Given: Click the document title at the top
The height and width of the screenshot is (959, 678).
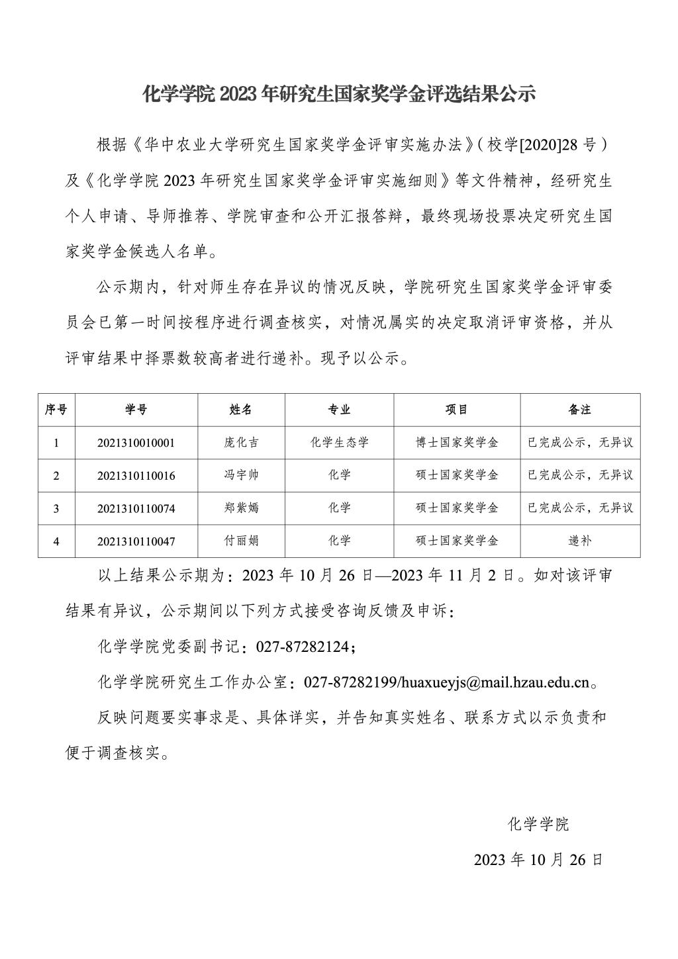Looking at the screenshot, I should (x=338, y=95).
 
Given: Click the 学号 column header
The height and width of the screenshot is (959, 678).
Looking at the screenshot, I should (x=136, y=410).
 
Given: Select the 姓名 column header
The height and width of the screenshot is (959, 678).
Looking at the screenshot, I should (x=241, y=410).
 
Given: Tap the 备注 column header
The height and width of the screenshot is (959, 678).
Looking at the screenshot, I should (x=579, y=410).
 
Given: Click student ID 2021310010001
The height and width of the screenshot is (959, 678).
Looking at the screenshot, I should (x=136, y=443).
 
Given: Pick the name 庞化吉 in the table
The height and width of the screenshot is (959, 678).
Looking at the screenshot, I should (x=241, y=443).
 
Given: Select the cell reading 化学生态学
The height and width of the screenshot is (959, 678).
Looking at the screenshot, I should (x=339, y=443).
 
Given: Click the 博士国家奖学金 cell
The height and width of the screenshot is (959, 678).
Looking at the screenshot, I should (x=457, y=443).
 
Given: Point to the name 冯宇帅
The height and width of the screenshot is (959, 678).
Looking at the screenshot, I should (x=241, y=475).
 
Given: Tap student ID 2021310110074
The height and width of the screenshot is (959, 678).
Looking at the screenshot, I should (x=136, y=508).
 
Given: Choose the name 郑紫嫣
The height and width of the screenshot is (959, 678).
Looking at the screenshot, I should (x=241, y=508).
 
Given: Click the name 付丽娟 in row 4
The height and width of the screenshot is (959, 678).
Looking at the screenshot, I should (x=241, y=541).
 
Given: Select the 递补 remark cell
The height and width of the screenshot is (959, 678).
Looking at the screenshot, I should (x=579, y=541).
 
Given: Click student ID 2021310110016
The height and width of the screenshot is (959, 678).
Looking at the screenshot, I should (x=136, y=475).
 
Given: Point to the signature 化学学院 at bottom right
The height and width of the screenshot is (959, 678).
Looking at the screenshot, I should (x=538, y=825).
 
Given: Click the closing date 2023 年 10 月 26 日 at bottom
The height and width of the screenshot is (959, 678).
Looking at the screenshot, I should (x=538, y=860).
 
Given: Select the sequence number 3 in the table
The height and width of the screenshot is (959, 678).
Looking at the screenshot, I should (x=56, y=508).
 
